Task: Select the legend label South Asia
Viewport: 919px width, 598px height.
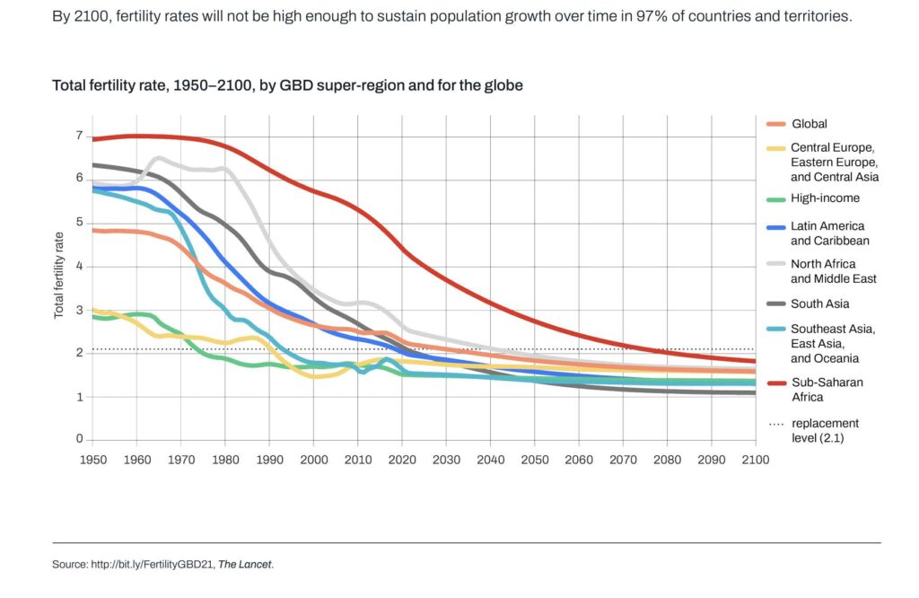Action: (820, 303)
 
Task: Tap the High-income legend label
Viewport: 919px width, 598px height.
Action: (825, 198)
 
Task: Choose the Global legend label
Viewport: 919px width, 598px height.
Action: (809, 124)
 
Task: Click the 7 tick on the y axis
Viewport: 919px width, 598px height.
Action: (79, 136)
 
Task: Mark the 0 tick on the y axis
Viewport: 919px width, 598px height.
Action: (79, 439)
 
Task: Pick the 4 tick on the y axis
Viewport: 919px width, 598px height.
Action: (79, 266)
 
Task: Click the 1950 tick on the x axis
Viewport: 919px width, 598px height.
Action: (92, 458)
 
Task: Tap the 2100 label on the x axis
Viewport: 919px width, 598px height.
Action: (755, 458)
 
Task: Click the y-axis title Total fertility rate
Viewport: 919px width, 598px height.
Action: (59, 274)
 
